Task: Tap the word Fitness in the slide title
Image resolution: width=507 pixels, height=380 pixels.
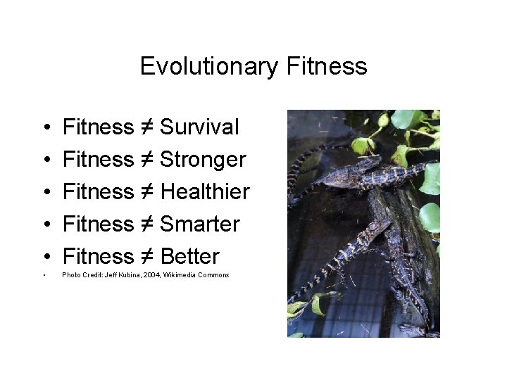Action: click(x=327, y=66)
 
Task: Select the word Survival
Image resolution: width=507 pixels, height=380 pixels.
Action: click(x=199, y=127)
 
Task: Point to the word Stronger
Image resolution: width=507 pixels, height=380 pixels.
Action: click(x=203, y=160)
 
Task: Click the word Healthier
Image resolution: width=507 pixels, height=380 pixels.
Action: click(x=205, y=191)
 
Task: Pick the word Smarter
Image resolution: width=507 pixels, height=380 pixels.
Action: click(x=200, y=224)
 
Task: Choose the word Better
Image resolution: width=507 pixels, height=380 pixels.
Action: click(x=190, y=256)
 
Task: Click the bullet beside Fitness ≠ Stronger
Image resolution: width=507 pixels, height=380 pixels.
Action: click(x=44, y=160)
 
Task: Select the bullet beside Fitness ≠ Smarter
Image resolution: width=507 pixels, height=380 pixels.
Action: click(x=44, y=225)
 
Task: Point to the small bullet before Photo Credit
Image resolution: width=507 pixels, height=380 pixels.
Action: click(x=44, y=275)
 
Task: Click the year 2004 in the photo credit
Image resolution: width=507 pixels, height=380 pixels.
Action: click(x=151, y=274)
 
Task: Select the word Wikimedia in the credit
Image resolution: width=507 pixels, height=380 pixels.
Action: click(x=180, y=274)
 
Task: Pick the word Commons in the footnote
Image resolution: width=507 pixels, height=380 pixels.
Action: click(x=213, y=274)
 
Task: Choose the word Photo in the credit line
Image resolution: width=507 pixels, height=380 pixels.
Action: click(x=70, y=274)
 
